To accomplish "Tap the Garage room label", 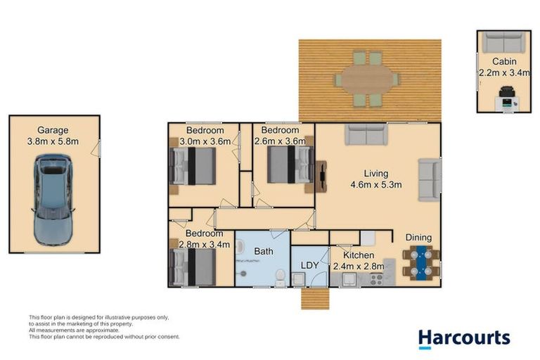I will point(53,130).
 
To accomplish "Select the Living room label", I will point(375,174).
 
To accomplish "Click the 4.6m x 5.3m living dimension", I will point(375,185).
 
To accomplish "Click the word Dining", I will point(418,238).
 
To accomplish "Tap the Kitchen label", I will point(359,255).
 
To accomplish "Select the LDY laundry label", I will point(310,265).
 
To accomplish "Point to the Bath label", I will point(263,251).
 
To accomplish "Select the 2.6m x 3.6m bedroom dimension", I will point(281,141).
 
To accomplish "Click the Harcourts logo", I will point(463,338).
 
